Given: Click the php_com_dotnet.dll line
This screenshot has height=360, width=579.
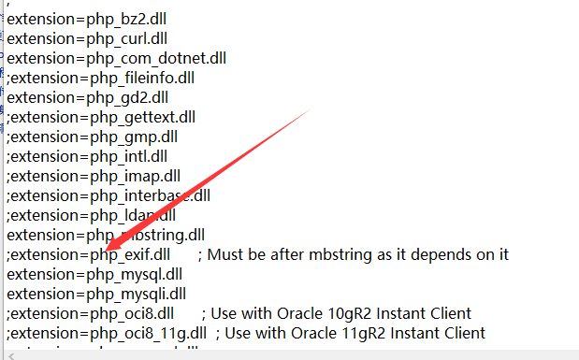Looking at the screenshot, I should coord(116,57).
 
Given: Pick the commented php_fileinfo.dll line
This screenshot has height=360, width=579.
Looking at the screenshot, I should coord(100,77).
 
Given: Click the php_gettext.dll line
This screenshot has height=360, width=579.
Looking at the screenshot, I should coord(101,116).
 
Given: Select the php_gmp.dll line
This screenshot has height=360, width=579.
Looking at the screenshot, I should coord(94,136).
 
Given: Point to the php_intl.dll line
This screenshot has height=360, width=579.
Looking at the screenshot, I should coord(87,155).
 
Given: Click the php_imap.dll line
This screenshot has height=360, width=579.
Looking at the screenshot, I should coord(94,175).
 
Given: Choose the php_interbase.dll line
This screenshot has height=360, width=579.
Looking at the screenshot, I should coord(108,194).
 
